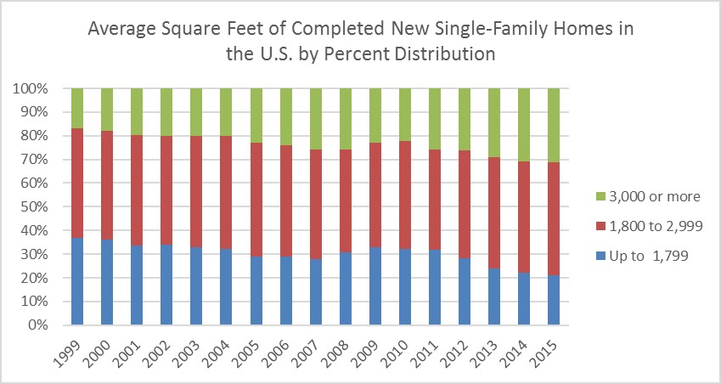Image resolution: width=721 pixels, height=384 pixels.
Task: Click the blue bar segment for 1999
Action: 77,281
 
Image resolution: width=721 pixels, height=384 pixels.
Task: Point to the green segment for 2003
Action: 196,112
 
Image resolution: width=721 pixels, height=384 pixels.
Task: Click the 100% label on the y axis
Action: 36,88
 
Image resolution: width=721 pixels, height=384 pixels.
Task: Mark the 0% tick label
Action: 42,325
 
